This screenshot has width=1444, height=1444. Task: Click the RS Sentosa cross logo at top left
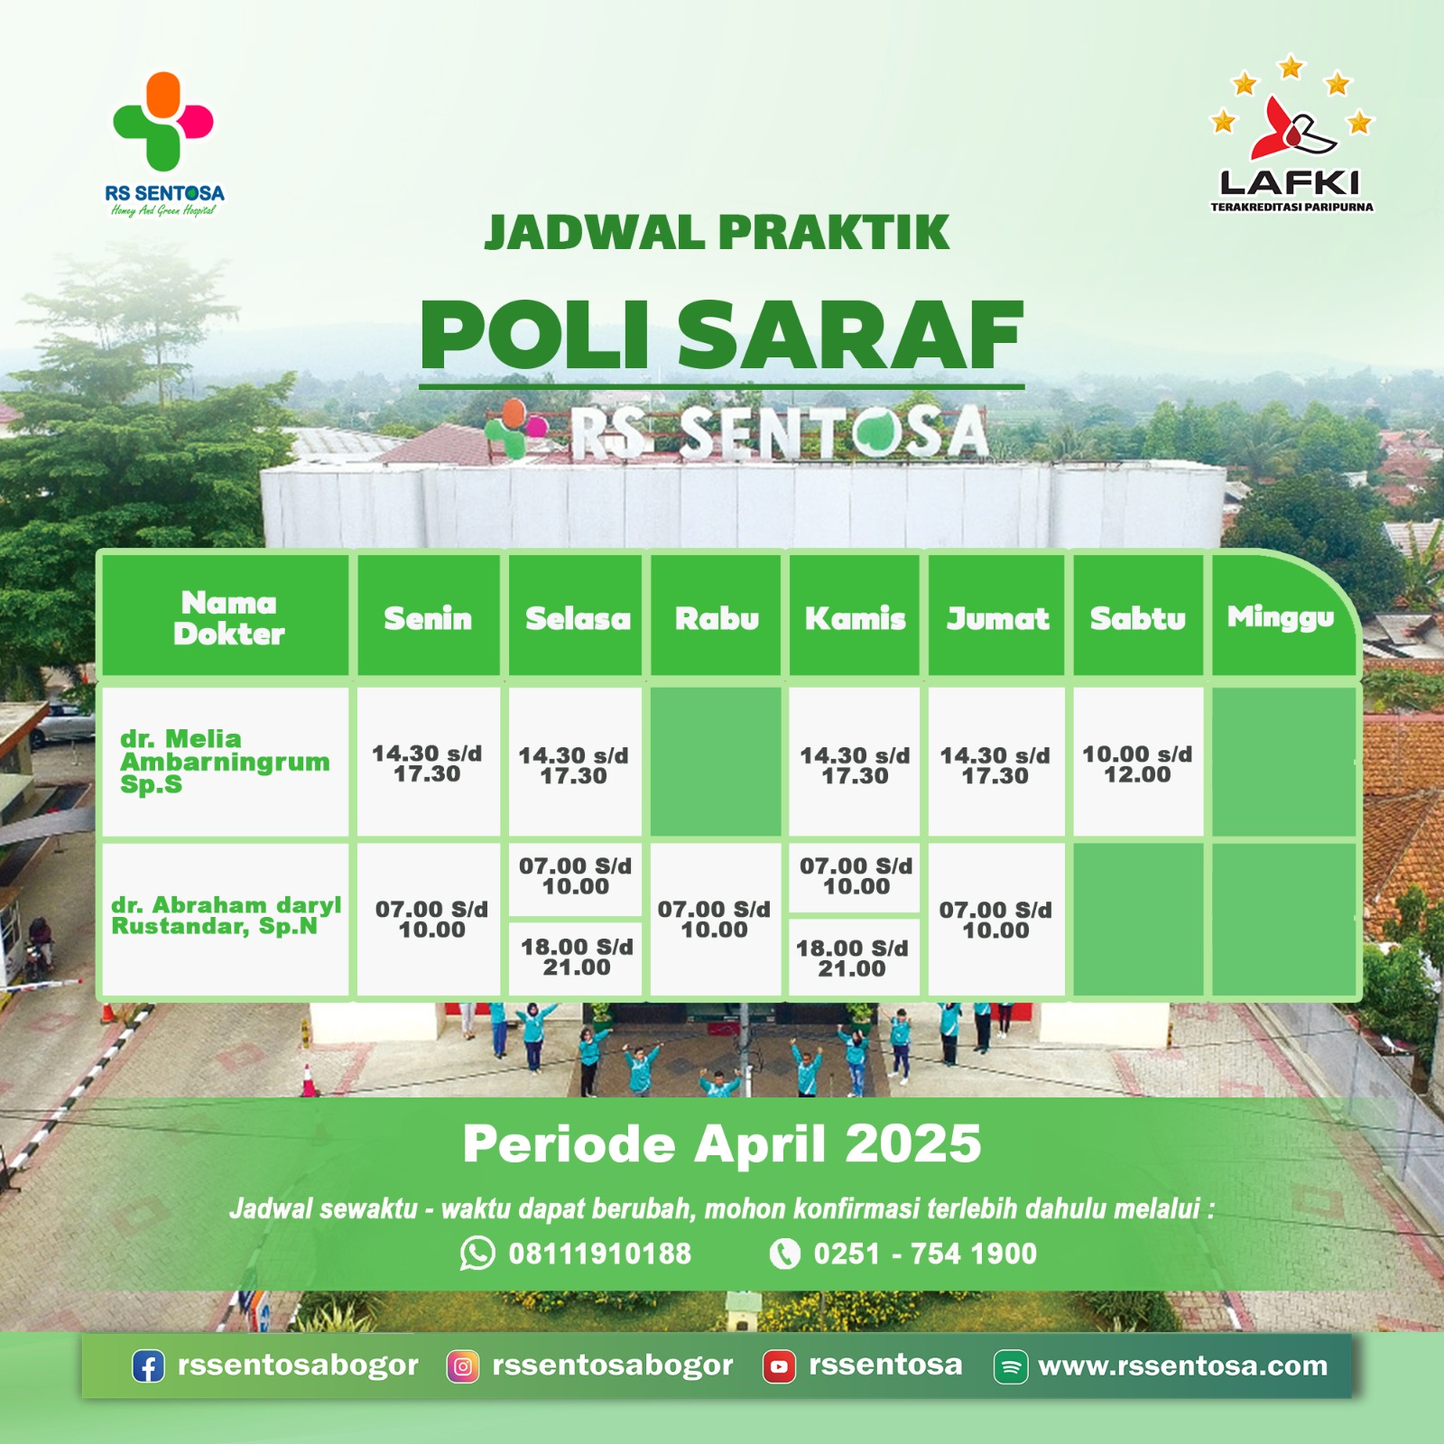click(163, 123)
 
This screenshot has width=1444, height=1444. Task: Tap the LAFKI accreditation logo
click(1291, 135)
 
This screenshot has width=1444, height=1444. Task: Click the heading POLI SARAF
click(721, 336)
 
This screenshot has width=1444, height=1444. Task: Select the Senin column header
click(428, 618)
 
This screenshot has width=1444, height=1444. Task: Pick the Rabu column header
click(717, 618)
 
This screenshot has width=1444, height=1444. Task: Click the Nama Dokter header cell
click(228, 618)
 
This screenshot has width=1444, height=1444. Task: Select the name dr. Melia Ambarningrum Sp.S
click(224, 762)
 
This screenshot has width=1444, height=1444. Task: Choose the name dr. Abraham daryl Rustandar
click(226, 915)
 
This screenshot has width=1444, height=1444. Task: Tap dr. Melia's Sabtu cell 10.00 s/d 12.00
click(1137, 764)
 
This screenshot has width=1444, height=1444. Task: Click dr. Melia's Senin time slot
click(427, 764)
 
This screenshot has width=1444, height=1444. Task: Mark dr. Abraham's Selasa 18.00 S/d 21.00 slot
click(577, 957)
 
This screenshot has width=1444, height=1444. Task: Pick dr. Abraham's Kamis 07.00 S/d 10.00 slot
click(856, 875)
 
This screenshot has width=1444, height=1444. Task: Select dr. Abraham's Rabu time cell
click(714, 919)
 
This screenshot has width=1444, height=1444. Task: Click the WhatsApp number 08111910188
click(599, 1254)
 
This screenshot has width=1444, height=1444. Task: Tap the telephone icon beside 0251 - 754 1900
click(784, 1254)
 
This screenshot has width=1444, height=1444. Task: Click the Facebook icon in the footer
click(148, 1366)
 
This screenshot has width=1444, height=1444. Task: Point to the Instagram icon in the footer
click(463, 1366)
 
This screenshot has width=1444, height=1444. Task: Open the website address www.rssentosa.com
click(1182, 1365)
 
